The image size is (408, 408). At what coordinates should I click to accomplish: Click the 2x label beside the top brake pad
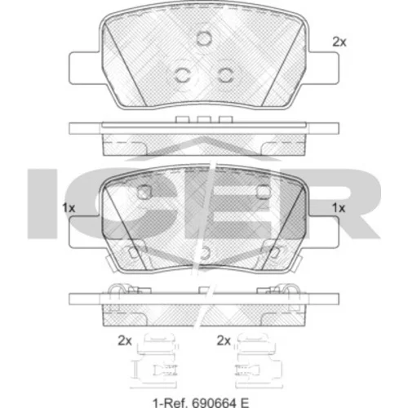click(339, 42)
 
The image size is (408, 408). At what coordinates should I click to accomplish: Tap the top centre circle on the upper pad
click(204, 38)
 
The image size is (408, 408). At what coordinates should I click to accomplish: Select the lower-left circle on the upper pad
click(182, 74)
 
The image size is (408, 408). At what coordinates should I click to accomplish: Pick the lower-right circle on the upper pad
click(225, 74)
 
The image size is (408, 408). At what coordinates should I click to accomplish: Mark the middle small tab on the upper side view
click(204, 120)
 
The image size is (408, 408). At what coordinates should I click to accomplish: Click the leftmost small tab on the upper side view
click(182, 120)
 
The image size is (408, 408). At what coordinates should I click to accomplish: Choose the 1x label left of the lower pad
click(69, 208)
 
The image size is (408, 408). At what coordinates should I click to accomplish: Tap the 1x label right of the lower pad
click(339, 208)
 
